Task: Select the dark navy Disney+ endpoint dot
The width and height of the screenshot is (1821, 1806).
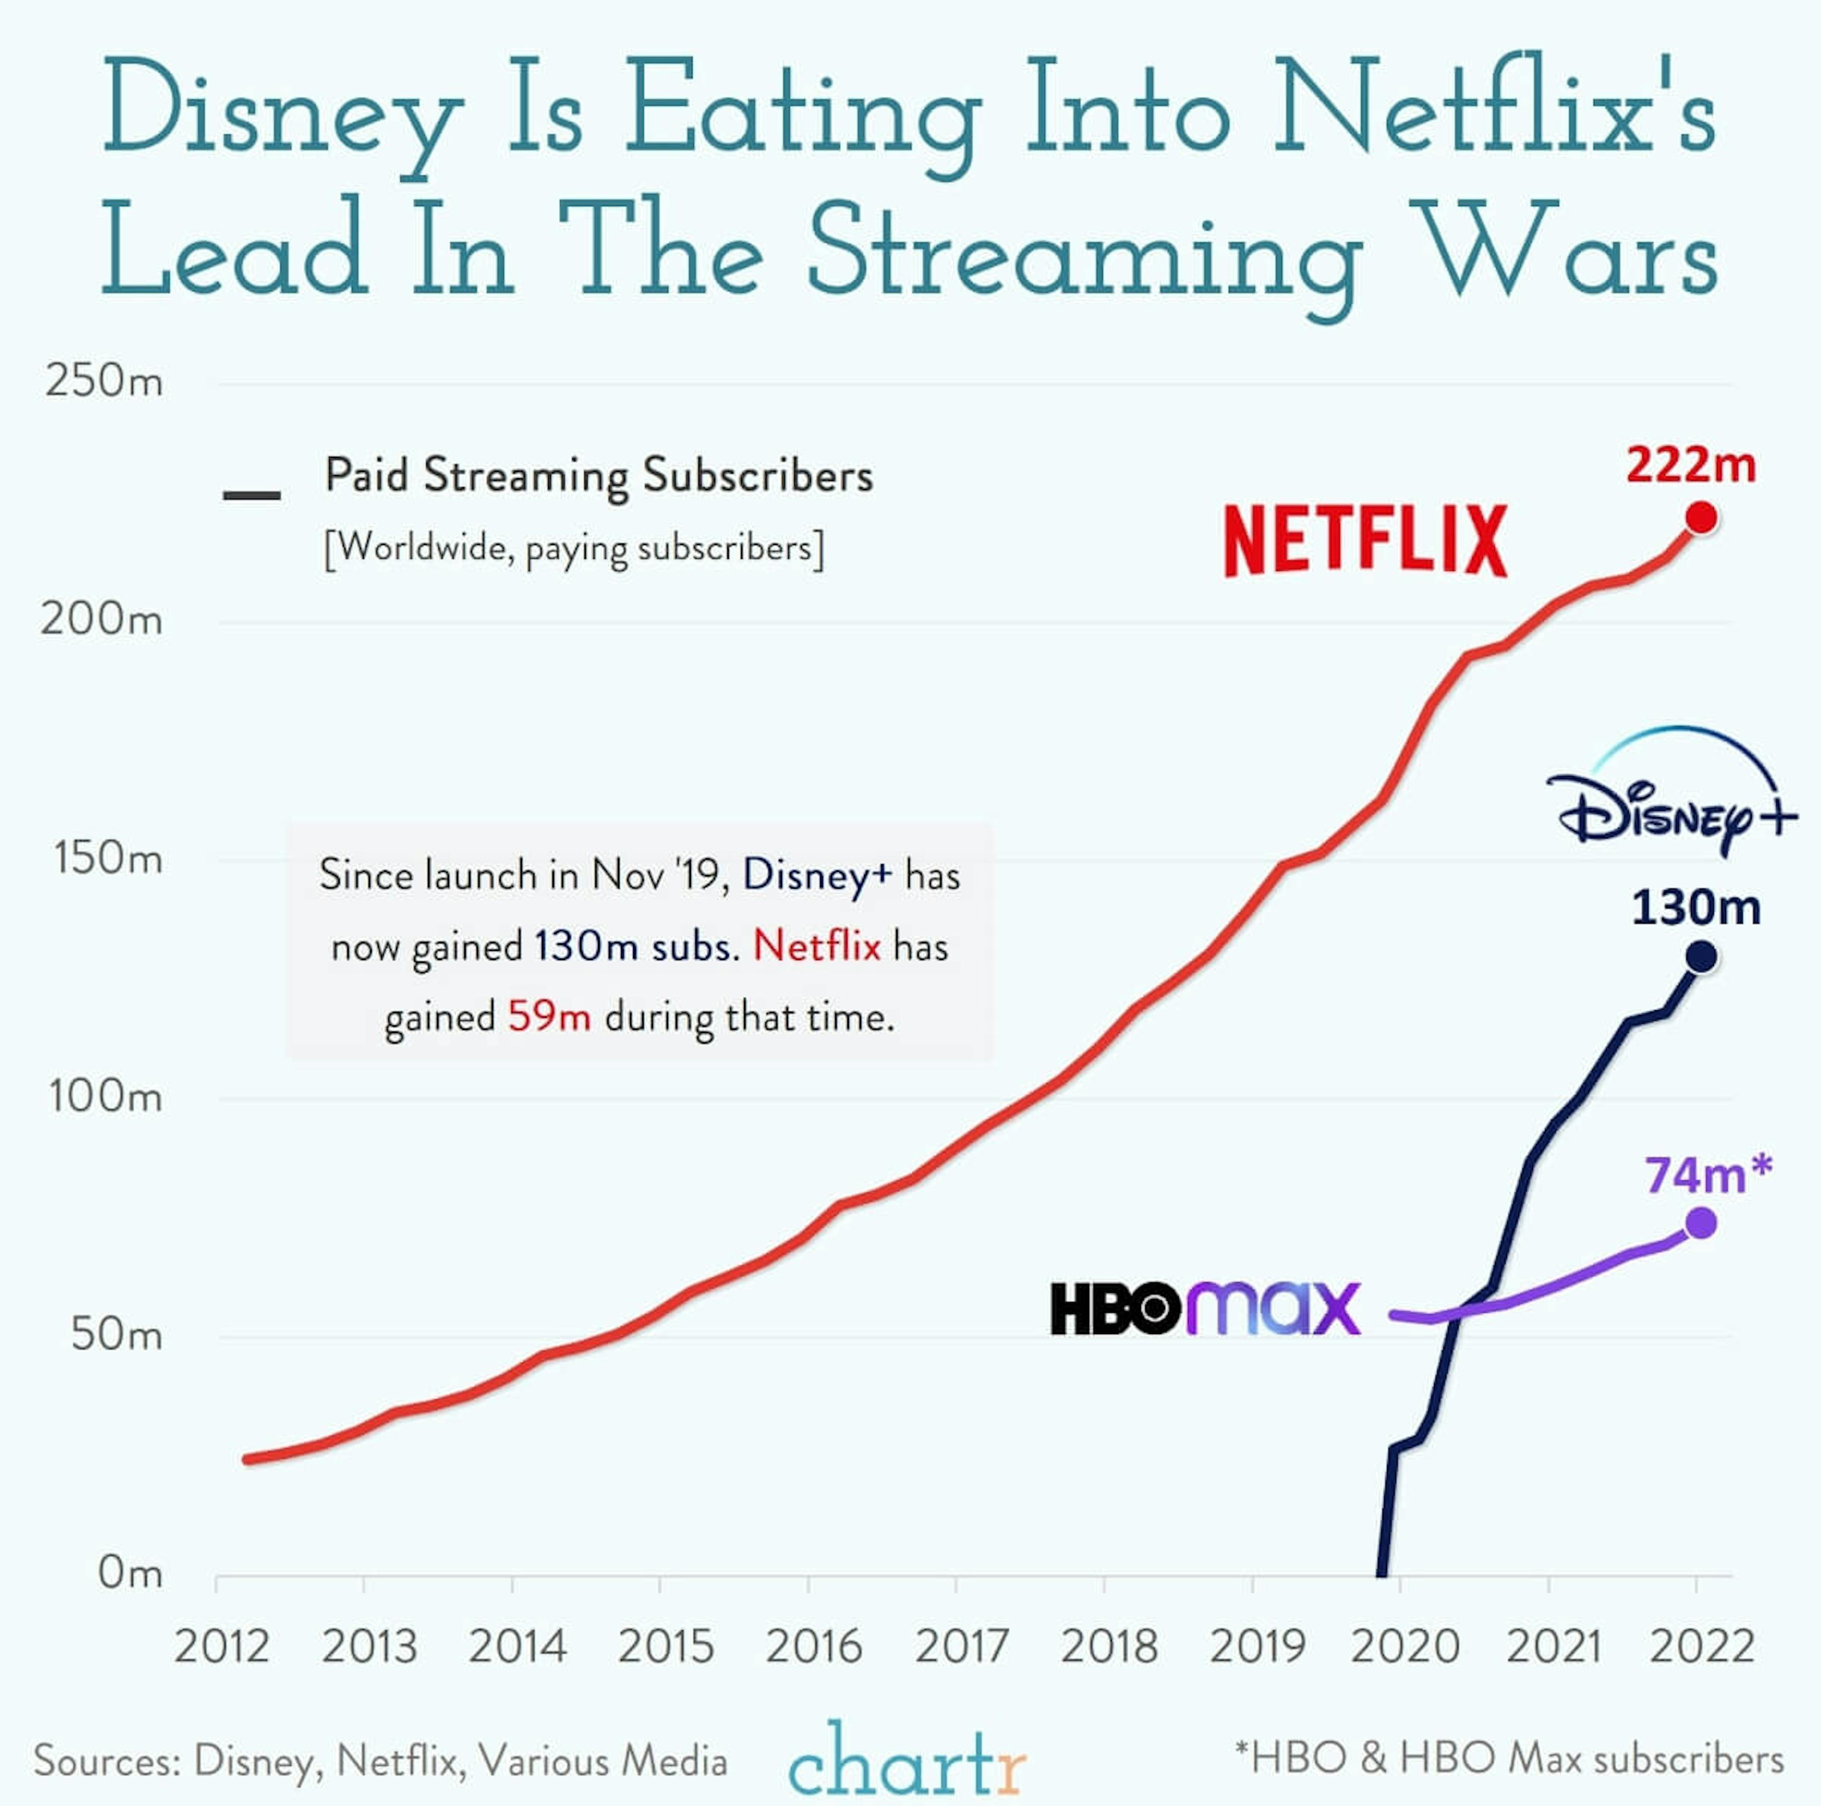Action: pyautogui.click(x=1701, y=957)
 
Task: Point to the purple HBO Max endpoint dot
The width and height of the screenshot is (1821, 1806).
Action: pyautogui.click(x=1701, y=1224)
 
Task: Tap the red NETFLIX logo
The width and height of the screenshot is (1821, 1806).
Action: pyautogui.click(x=1366, y=540)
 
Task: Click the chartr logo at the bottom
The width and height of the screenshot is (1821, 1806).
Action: pyautogui.click(x=907, y=1759)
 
